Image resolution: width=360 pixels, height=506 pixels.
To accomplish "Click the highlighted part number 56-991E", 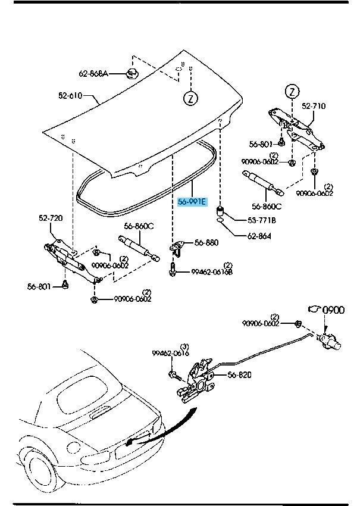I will click(x=192, y=202).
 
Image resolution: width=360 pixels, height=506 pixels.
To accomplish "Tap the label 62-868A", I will click(x=93, y=74).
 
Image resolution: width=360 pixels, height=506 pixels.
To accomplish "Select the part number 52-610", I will click(x=71, y=95).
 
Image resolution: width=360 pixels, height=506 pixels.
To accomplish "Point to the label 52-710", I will click(x=314, y=106).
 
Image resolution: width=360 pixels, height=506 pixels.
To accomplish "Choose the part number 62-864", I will click(x=259, y=236).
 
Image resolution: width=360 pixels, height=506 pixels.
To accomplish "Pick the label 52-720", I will click(x=51, y=218).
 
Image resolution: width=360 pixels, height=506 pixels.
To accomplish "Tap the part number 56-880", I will click(x=206, y=243).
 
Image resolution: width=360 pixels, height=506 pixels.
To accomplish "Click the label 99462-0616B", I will click(x=211, y=271).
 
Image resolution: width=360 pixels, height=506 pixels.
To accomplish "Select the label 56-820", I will click(x=223, y=375).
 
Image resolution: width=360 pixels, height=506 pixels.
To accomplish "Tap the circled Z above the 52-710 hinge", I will click(x=292, y=91).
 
